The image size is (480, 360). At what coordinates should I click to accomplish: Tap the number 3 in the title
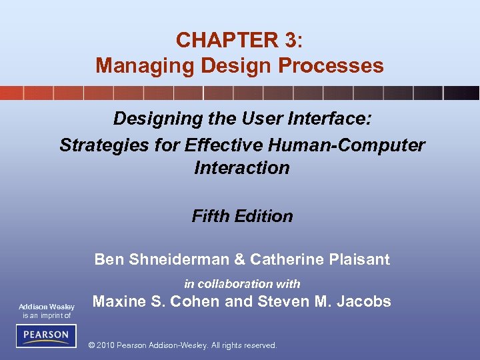(289, 40)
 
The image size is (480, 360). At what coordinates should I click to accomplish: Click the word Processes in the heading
(337, 65)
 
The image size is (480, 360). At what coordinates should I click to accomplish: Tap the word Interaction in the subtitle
(242, 167)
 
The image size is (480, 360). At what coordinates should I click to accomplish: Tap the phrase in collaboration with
(242, 283)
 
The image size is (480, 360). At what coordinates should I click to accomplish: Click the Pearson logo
(46, 335)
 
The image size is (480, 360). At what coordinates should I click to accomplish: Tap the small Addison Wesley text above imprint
(46, 307)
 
